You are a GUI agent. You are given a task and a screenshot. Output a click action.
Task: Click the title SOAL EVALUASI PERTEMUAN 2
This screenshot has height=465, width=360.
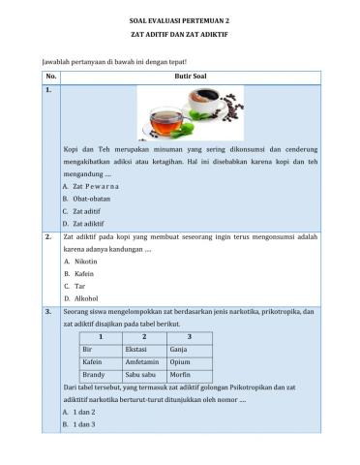pyautogui.click(x=180, y=18)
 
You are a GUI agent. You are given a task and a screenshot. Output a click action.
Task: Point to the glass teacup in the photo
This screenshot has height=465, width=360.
pyautogui.click(x=168, y=122)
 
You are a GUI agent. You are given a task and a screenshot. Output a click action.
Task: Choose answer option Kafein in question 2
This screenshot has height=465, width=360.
pyautogui.click(x=83, y=274)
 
